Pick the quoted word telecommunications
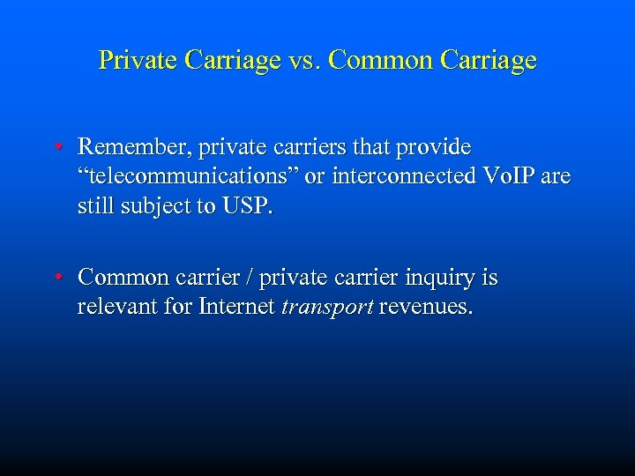[x=189, y=176]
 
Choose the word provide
[x=437, y=146]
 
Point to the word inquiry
[x=440, y=279]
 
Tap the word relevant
[x=115, y=309]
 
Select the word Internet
[x=233, y=309]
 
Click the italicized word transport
[x=325, y=309]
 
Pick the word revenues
[x=424, y=309]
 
